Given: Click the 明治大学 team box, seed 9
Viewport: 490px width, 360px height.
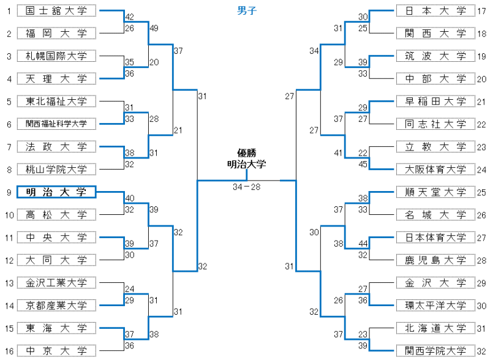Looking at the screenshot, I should click(x=56, y=192).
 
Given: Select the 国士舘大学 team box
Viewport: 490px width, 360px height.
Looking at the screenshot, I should click(x=56, y=11).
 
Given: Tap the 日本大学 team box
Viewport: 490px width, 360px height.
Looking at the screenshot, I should click(x=435, y=11).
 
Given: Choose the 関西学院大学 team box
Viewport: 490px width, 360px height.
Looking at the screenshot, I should click(x=435, y=351).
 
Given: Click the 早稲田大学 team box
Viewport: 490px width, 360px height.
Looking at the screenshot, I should click(x=435, y=102).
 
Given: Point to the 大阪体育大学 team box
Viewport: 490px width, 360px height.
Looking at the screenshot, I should click(x=435, y=170).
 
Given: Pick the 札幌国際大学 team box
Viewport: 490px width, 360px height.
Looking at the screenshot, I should click(x=56, y=56).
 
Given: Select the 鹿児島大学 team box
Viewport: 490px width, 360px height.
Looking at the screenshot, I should click(x=435, y=260).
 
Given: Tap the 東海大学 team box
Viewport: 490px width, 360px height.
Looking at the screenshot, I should click(x=56, y=328).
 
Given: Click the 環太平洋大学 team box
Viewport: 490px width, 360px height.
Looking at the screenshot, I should click(x=435, y=306).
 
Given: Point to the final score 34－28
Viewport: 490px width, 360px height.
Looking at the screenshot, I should click(x=246, y=187).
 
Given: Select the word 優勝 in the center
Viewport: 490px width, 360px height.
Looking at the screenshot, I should click(x=246, y=153).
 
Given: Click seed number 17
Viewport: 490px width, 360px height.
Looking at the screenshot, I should click(x=481, y=11).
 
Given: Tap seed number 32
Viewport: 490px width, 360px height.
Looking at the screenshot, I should click(x=481, y=351).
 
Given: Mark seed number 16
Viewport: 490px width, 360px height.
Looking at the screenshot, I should click(x=9, y=351).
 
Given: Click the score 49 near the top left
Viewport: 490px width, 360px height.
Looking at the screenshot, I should click(x=154, y=28).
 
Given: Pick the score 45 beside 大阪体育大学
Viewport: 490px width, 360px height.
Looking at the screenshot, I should click(x=363, y=163).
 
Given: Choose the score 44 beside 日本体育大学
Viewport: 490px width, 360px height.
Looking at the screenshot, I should click(x=363, y=243).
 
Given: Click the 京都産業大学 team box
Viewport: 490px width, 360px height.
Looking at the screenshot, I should click(x=56, y=306).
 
